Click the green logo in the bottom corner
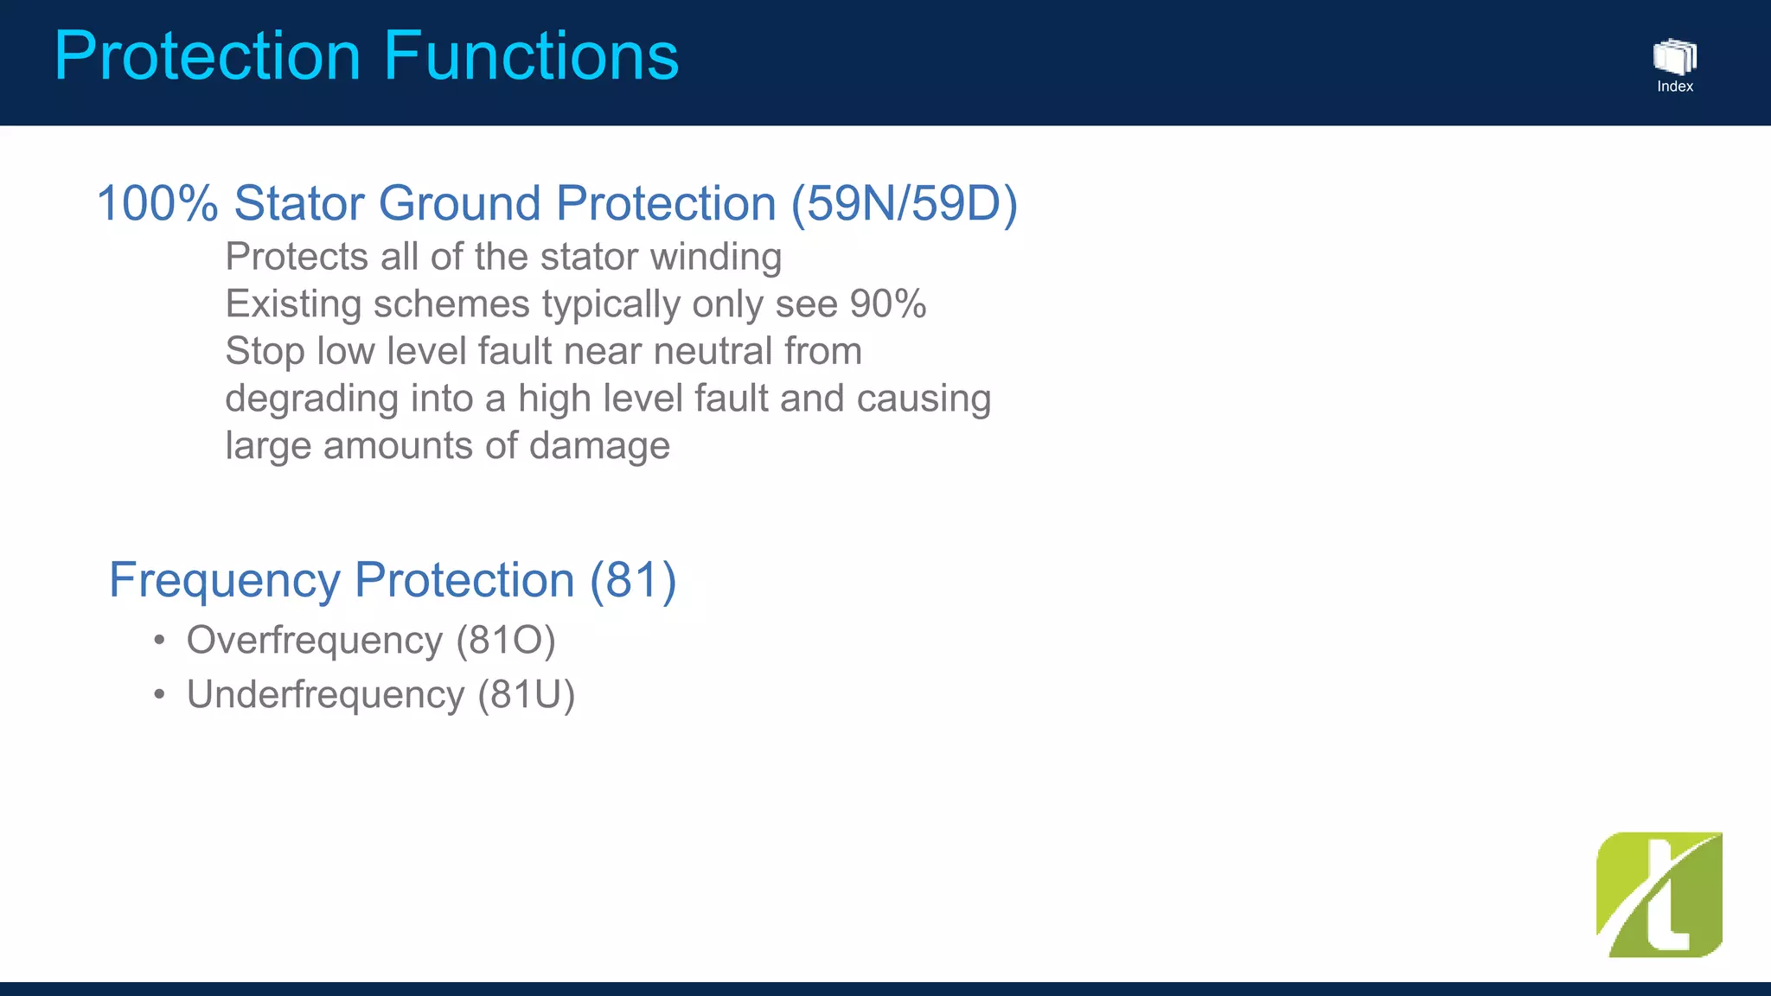(x=1659, y=895)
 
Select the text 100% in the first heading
(x=157, y=204)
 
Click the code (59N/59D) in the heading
(x=905, y=204)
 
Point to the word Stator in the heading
(x=298, y=204)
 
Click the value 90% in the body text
(x=887, y=304)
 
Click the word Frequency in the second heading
(x=224, y=580)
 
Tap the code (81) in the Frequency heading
(x=633, y=580)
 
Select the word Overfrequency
(x=315, y=641)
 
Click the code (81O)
(x=506, y=641)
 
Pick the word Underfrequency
(x=325, y=695)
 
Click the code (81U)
(x=526, y=695)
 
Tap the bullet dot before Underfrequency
(x=159, y=695)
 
